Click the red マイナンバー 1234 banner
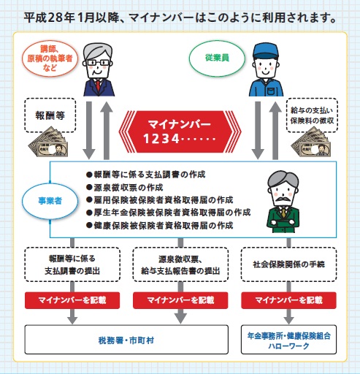click(x=180, y=128)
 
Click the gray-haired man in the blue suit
click(x=101, y=70)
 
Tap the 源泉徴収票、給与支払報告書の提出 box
click(x=180, y=264)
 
